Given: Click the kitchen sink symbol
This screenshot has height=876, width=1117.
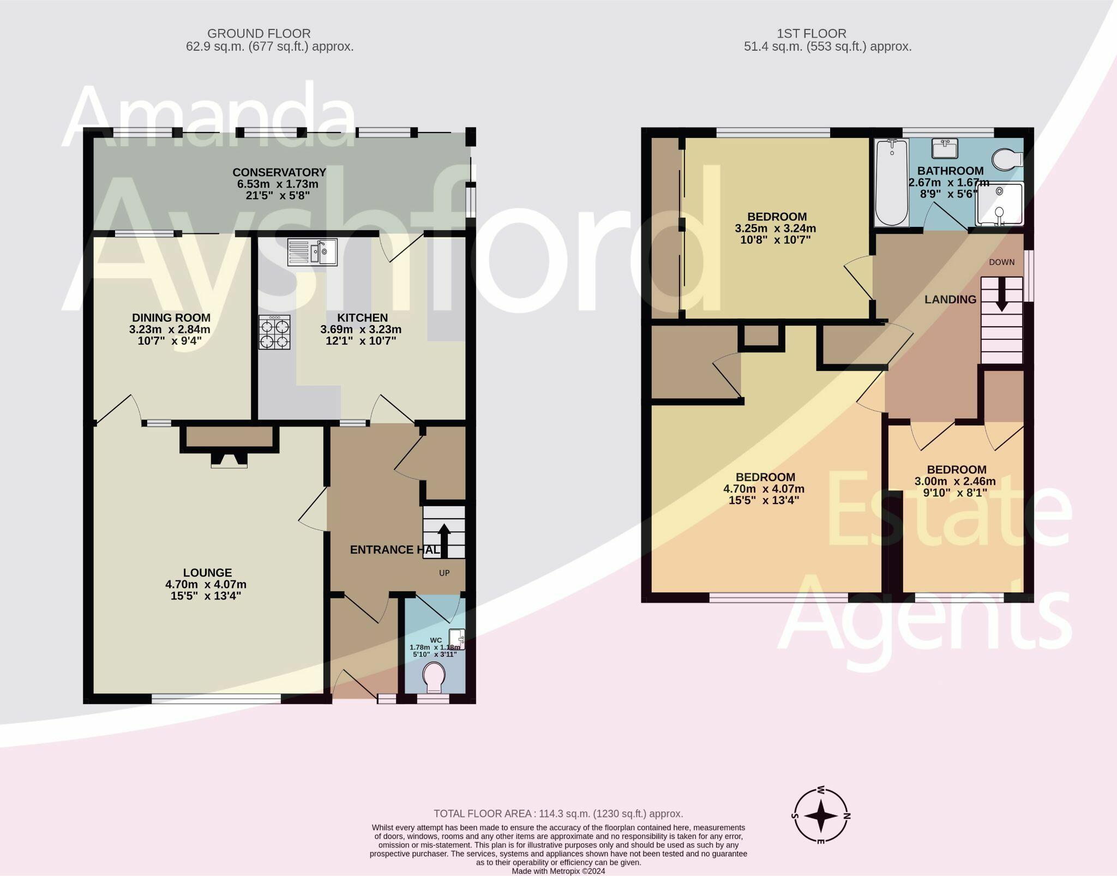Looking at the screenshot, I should (x=313, y=253).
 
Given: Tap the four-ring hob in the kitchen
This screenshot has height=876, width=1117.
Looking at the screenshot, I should (x=274, y=332).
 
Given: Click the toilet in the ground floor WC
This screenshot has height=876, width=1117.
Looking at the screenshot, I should (x=435, y=677).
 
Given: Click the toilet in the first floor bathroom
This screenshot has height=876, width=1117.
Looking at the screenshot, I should (x=1007, y=160).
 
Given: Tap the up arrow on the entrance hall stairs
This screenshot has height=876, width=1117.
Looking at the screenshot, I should (x=445, y=539).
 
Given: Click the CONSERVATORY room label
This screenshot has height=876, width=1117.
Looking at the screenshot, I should (x=279, y=172).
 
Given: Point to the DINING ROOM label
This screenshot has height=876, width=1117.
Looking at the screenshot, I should (x=171, y=317).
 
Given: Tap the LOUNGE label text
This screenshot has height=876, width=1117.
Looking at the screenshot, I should (x=207, y=572).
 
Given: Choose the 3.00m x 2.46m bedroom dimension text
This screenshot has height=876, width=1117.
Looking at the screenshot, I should (x=955, y=482).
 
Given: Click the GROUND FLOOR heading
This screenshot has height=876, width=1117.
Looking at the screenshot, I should (x=259, y=34).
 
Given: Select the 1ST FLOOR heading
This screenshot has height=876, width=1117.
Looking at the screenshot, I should (x=827, y=34).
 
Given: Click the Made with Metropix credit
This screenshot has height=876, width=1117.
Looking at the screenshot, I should (x=558, y=871).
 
